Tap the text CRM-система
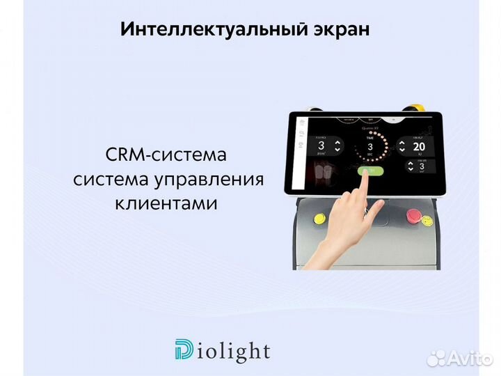(x=166, y=154)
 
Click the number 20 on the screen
(x=419, y=147)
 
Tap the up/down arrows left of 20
(x=402, y=147)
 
